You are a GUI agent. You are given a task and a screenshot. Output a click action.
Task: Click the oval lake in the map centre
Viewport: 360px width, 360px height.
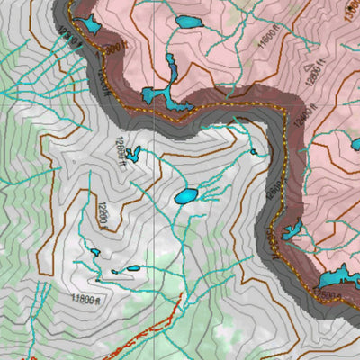(x=185, y=195)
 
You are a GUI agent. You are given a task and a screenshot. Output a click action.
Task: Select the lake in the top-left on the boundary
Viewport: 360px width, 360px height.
(x=91, y=24)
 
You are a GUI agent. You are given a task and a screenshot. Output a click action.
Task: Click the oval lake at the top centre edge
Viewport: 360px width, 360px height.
(x=189, y=21)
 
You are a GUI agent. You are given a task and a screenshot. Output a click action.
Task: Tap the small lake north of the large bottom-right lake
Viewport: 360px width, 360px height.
(x=292, y=231)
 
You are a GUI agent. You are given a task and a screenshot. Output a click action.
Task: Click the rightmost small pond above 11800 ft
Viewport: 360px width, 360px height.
(x=133, y=267)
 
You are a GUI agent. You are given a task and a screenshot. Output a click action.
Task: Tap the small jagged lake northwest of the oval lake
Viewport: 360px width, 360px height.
(x=135, y=153)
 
